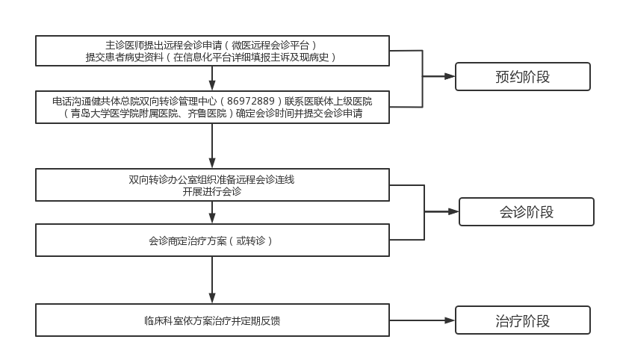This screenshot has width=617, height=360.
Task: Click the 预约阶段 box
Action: tap(522, 76)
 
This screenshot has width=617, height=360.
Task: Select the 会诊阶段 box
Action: tap(526, 212)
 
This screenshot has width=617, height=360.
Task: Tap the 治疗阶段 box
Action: tap(522, 321)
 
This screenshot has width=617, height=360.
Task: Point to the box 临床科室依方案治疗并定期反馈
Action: tap(213, 321)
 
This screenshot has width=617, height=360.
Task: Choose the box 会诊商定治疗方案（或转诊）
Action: tap(213, 240)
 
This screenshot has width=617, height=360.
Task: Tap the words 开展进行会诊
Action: tap(212, 191)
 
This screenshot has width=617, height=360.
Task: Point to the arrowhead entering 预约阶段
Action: tap(450, 76)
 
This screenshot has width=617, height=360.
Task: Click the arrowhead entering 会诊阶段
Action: tap(453, 212)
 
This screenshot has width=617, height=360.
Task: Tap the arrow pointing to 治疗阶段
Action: tap(449, 321)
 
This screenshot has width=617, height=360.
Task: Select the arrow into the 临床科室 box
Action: tap(213, 298)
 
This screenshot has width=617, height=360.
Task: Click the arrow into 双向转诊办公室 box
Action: tap(213, 164)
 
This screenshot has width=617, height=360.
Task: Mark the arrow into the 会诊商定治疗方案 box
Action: tap(213, 219)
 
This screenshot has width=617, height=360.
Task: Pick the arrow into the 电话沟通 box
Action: tap(213, 85)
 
